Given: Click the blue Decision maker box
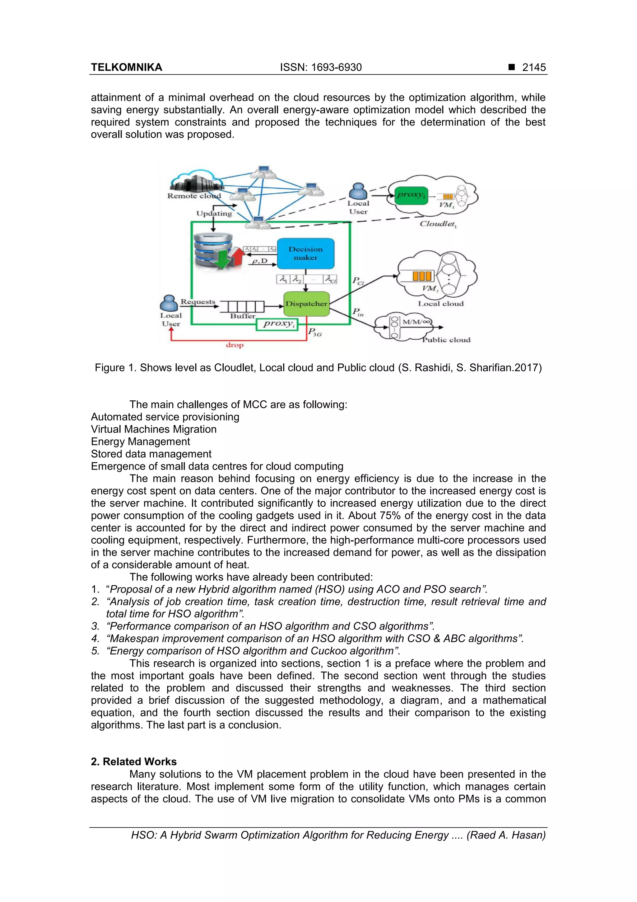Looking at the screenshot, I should click(305, 253).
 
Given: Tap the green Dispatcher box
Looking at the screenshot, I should click(306, 304).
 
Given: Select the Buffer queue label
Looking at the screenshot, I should click(243, 316).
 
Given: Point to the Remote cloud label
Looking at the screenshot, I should click(194, 196).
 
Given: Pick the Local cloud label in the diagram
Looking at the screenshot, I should click(440, 304).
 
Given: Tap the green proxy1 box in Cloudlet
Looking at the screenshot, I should click(411, 195).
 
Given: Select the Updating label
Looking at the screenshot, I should click(214, 213).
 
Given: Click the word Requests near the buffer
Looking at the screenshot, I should click(198, 302).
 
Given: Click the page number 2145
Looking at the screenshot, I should click(533, 67).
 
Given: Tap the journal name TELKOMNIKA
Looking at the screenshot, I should click(126, 67).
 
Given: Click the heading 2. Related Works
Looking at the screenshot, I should click(133, 761).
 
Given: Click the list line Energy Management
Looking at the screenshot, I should click(140, 441).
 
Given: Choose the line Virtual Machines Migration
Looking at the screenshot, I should click(153, 429).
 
